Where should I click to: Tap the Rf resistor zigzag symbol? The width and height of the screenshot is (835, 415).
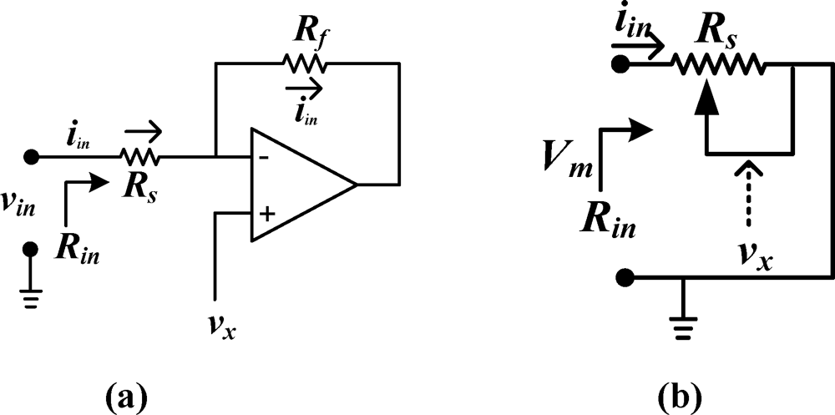pos(305,63)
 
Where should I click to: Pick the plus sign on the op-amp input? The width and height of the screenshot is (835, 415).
pos(266,214)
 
